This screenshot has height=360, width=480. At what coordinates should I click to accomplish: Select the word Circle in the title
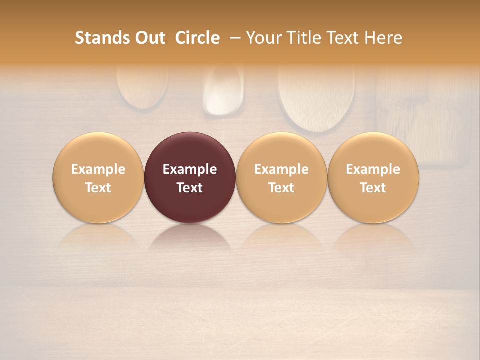click(197, 38)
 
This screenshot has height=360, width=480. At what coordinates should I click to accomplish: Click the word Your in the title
click(263, 38)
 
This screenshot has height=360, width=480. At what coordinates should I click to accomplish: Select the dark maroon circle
click(190, 177)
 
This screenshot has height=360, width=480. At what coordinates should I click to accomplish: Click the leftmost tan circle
click(98, 177)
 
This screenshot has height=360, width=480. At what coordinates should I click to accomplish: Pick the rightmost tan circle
click(373, 177)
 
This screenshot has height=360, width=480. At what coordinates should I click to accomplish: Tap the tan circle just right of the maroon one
click(281, 177)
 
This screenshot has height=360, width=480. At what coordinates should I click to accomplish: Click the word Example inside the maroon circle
click(190, 169)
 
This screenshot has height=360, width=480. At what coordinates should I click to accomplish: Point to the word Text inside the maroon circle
click(190, 188)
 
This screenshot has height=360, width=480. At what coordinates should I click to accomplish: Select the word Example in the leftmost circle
click(98, 169)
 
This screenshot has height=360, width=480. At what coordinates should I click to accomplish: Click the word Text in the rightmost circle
click(373, 188)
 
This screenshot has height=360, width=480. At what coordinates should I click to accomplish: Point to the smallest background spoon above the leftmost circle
click(142, 87)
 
